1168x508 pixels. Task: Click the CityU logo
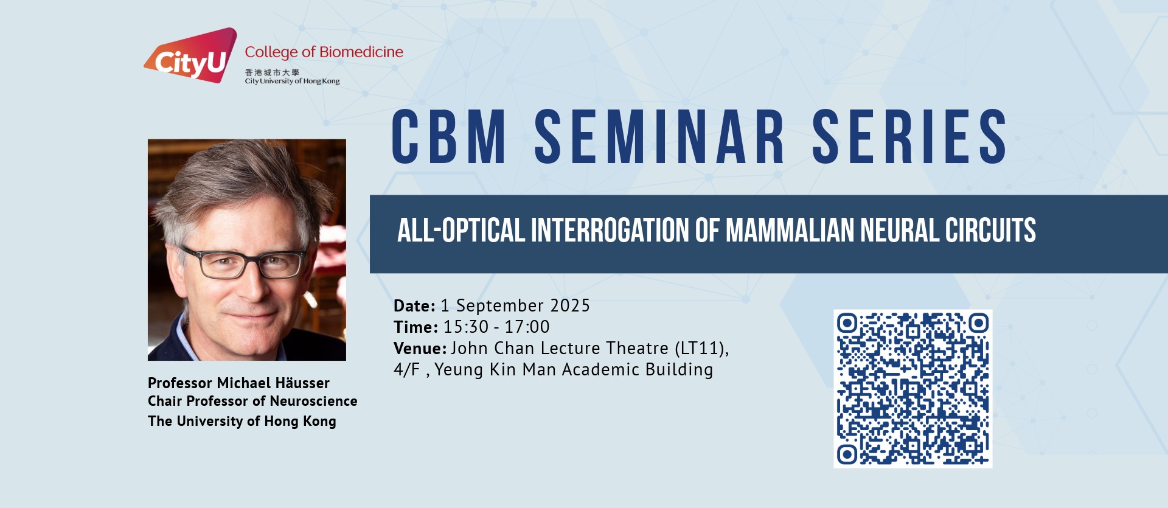(x=190, y=55)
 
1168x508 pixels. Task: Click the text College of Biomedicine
(x=324, y=52)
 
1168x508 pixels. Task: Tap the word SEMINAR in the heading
(x=659, y=137)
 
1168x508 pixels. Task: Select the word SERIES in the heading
(x=909, y=137)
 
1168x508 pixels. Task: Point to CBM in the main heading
(x=449, y=137)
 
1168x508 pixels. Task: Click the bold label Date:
(x=414, y=305)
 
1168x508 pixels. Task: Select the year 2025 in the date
(x=570, y=305)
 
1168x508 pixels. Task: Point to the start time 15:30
(x=466, y=327)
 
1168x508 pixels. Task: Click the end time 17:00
(x=527, y=327)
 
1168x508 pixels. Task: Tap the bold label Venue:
(x=420, y=348)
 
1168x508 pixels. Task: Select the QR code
(x=912, y=389)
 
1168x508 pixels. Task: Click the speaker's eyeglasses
(x=243, y=262)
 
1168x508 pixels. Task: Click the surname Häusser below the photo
(x=302, y=383)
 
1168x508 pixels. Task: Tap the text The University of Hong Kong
(x=242, y=421)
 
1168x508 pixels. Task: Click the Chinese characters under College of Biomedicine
(x=272, y=72)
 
